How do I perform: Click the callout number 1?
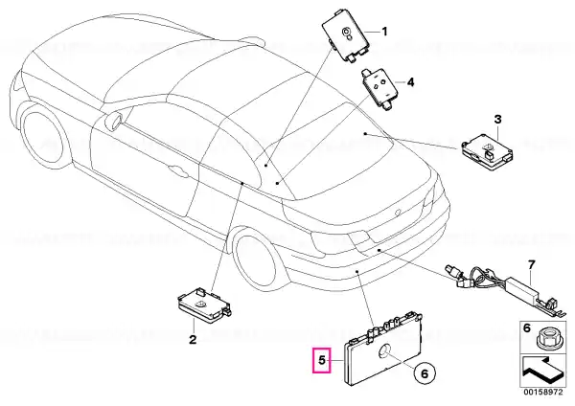[x=384, y=32]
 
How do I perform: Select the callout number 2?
[x=193, y=340]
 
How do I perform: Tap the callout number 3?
[x=497, y=119]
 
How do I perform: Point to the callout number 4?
[x=411, y=82]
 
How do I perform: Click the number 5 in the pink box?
[x=322, y=360]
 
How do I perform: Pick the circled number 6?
[x=425, y=373]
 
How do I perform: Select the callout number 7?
[x=532, y=264]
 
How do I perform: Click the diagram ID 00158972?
[x=542, y=392]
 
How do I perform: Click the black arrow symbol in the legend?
[x=541, y=372]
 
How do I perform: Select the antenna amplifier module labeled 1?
[x=346, y=40]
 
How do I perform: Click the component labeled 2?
[x=204, y=305]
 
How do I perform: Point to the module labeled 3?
[x=487, y=152]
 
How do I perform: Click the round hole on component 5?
[x=384, y=351]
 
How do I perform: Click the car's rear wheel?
[x=255, y=259]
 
